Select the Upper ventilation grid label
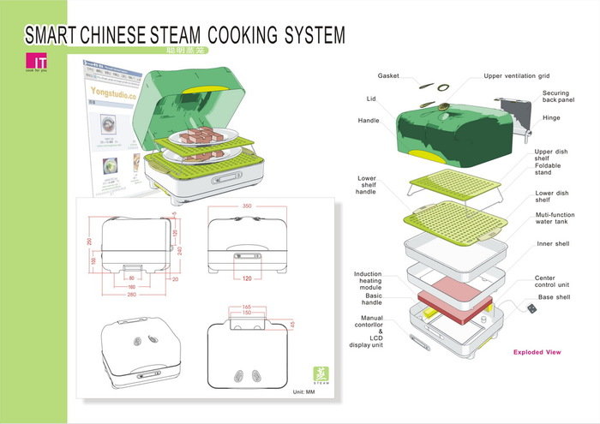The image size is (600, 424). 517,75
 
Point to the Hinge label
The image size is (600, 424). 551,117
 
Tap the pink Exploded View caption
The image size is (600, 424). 537,352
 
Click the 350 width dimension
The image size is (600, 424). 247,206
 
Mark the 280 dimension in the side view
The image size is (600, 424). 131,296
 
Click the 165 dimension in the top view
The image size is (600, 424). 245,307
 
